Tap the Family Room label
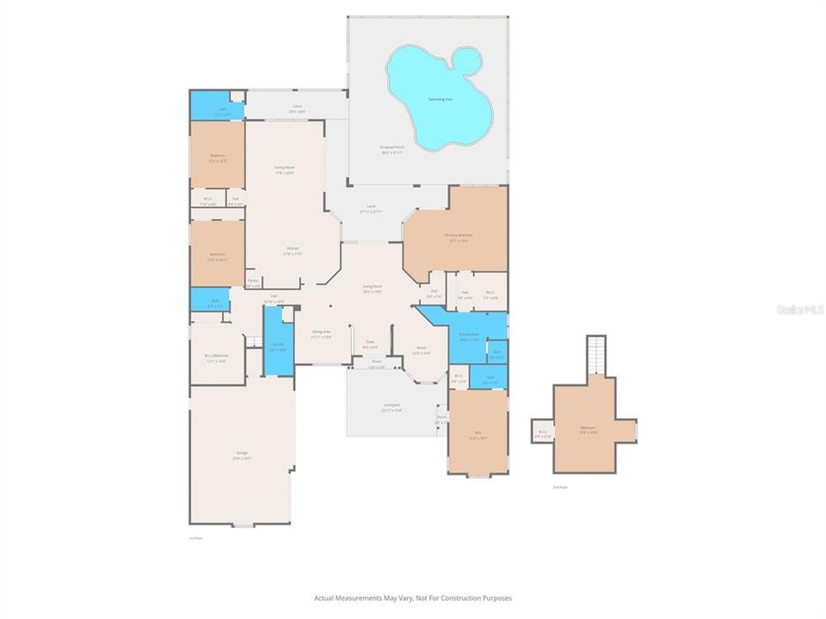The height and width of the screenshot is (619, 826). click(285, 169)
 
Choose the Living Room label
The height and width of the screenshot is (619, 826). click(372, 289)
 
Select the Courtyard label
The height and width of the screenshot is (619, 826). click(391, 407)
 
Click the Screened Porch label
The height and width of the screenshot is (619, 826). click(392, 149)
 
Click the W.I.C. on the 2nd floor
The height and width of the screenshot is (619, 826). click(543, 432)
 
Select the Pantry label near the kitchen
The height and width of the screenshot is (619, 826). click(253, 282)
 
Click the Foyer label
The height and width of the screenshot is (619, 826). click(369, 343)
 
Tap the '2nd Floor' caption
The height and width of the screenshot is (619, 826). click(561, 487)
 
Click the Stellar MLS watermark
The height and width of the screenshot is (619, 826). click(799, 308)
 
